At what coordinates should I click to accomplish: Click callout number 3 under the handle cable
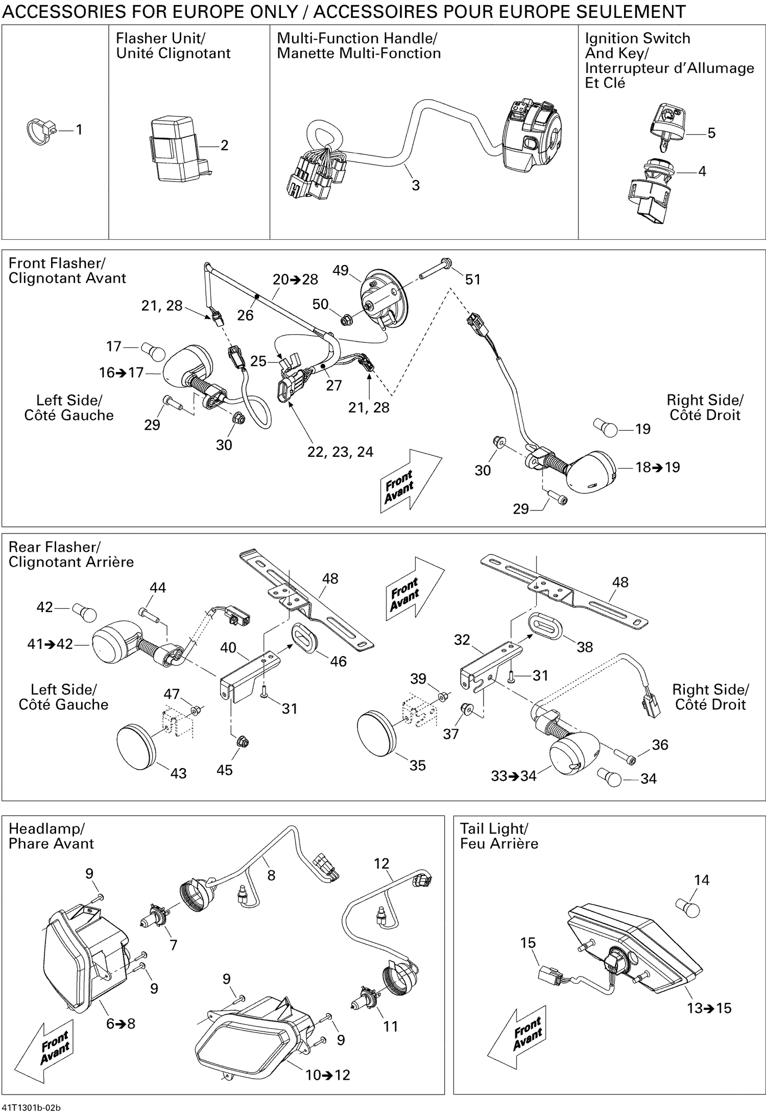416,185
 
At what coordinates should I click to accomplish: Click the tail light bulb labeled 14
688,908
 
